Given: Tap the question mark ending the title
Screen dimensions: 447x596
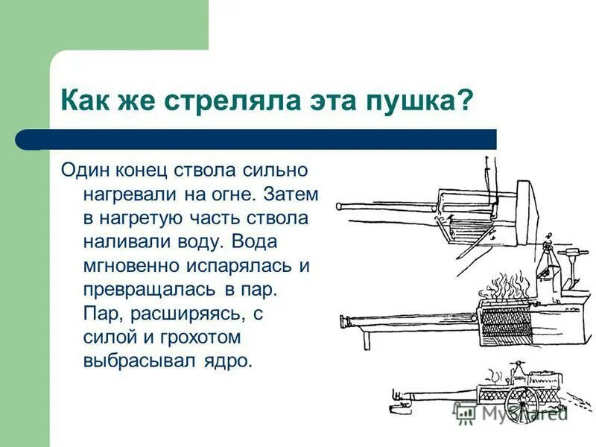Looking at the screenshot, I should pyautogui.click(x=466, y=99).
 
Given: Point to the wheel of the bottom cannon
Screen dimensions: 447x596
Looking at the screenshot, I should pyautogui.click(x=521, y=402).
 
